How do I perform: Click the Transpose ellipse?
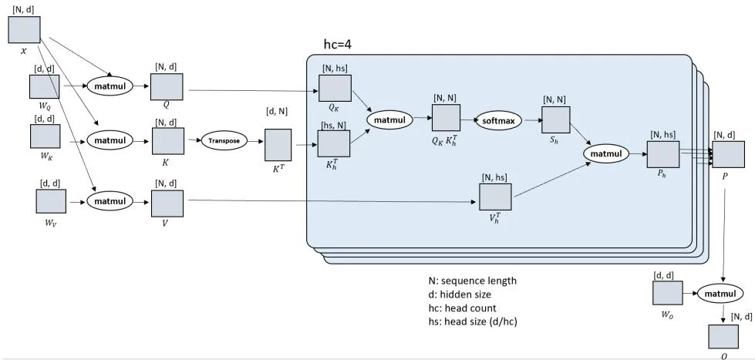click(x=224, y=141)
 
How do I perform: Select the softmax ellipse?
click(x=498, y=120)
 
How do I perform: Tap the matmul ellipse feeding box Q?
click(x=110, y=86)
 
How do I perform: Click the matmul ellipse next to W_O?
click(x=721, y=294)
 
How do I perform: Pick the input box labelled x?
click(x=24, y=30)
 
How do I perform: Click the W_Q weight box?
click(x=45, y=86)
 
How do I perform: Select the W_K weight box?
click(x=46, y=136)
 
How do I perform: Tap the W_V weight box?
click(x=51, y=201)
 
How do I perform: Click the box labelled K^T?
click(x=278, y=145)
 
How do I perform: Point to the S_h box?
click(x=556, y=119)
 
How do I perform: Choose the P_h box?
click(x=663, y=154)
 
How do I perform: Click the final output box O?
click(x=723, y=336)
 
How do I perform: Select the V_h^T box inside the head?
click(x=495, y=197)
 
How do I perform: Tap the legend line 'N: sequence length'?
click(x=472, y=281)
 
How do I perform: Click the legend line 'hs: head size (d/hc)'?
click(x=473, y=322)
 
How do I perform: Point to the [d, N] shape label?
click(x=277, y=111)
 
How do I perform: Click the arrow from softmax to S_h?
click(x=531, y=120)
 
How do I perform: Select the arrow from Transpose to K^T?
click(x=256, y=142)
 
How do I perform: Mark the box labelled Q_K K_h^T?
click(x=446, y=117)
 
